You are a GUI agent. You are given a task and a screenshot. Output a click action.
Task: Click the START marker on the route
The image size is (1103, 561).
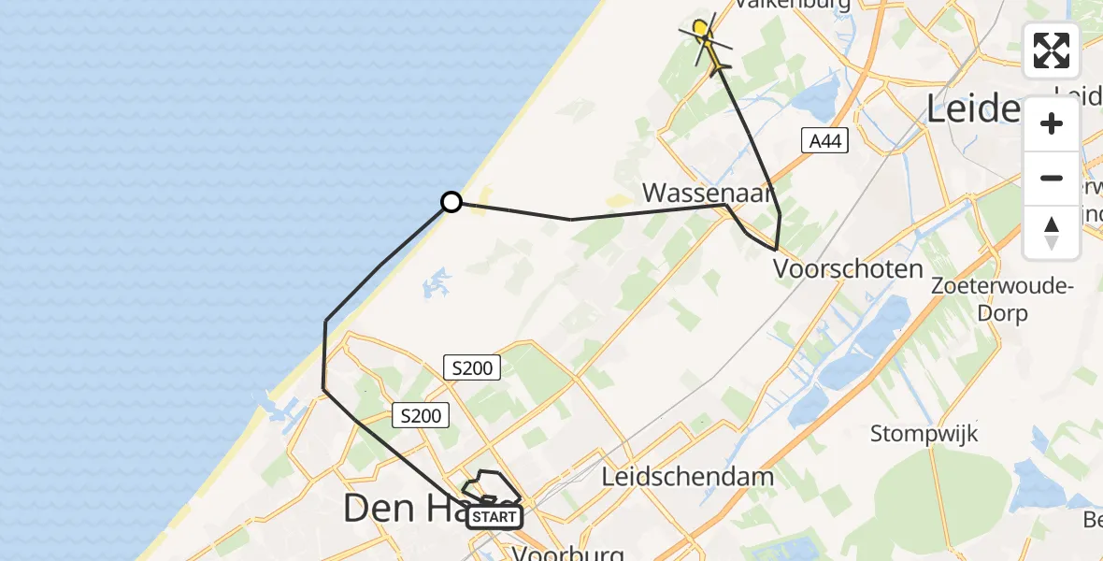point(494,517)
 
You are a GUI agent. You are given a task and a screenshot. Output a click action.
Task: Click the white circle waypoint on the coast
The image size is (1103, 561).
point(451,202)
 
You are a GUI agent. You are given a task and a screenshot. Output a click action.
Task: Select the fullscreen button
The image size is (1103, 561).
point(1052,50)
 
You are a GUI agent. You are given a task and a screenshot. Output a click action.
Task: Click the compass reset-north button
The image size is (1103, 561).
point(1052,233)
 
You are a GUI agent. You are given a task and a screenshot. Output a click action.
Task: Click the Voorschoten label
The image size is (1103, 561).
point(848,269)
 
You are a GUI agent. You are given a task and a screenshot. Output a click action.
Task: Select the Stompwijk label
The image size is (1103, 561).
point(924,434)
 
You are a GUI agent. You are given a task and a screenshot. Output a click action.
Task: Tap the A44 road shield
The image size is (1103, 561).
point(824,140)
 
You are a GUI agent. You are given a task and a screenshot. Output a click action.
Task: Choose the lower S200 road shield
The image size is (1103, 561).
point(421,415)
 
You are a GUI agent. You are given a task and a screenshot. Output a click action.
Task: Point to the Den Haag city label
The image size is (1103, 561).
point(411,509)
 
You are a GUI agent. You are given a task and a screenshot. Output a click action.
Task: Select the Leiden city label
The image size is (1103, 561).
point(986,109)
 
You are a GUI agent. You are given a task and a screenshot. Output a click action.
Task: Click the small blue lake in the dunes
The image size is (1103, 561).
point(436,282)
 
